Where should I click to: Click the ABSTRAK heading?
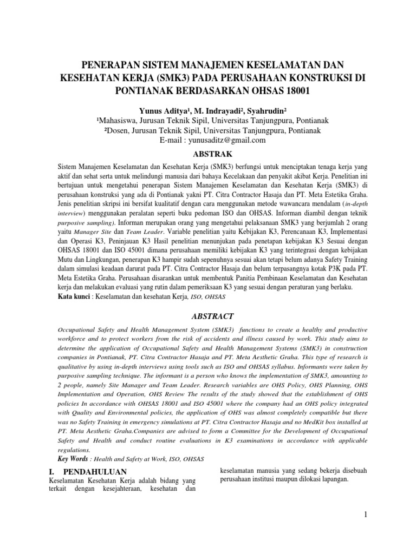coord(208,154)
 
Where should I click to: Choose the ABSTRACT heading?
coord(208,315)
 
